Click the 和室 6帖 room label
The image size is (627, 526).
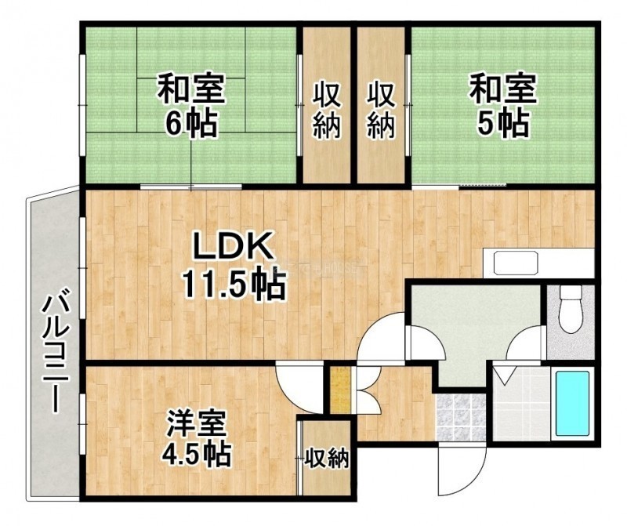[191, 104]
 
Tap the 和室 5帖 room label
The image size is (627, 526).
[502, 104]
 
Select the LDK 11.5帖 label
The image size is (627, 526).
[234, 267]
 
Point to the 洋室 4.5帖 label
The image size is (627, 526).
[196, 439]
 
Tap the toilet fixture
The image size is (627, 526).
[571, 308]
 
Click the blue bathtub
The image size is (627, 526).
[573, 403]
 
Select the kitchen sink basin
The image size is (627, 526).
[516, 263]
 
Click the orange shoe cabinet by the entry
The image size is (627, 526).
[340, 391]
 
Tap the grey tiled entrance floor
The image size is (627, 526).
[461, 417]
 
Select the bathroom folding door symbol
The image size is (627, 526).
[506, 375]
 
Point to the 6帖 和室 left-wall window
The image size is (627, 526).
[82, 105]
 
